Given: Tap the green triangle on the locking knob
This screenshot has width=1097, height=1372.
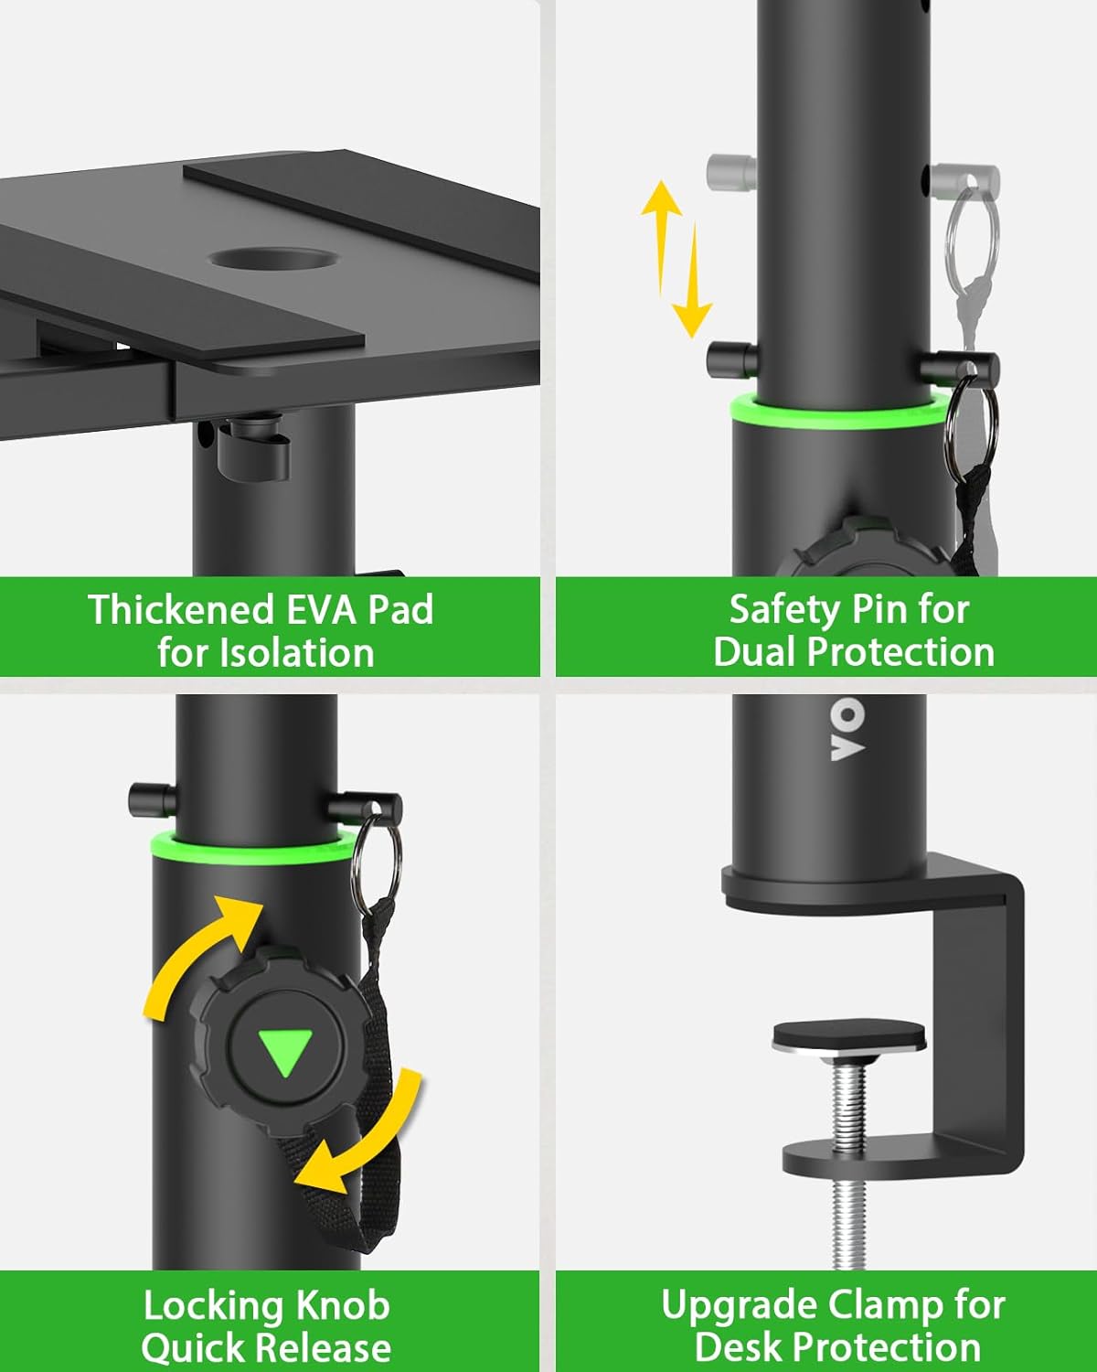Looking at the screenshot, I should point(285,1052).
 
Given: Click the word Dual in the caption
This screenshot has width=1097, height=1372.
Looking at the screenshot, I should point(756,652).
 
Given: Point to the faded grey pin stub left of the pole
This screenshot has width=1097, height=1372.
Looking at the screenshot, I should point(730,172).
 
